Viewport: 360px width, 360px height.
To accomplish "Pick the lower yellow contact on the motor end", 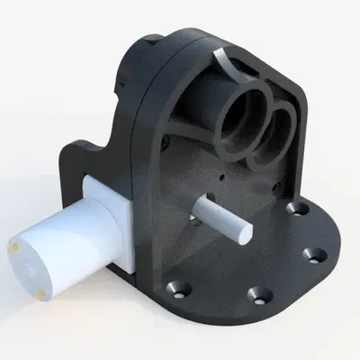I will pyautogui.click(x=41, y=292).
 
